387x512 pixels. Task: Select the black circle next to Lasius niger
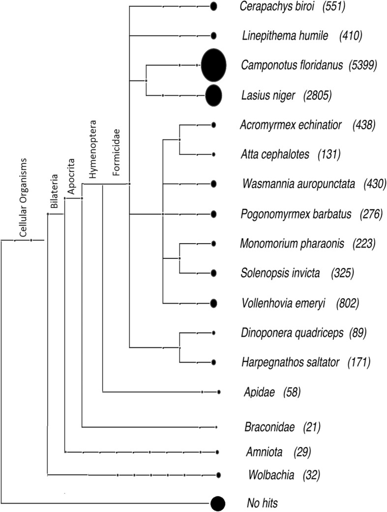point(213,95)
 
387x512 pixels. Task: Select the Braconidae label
point(269,427)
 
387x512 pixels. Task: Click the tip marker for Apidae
point(218,392)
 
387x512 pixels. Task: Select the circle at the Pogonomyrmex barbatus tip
point(213,214)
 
